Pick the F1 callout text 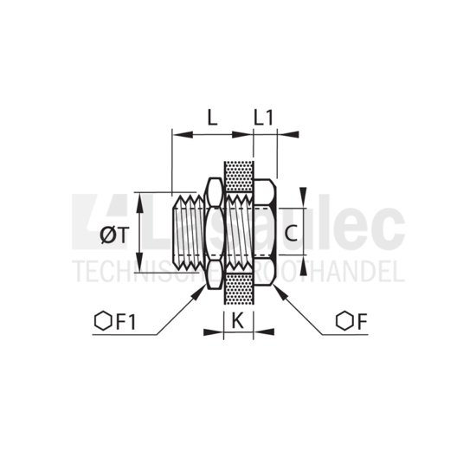click(x=126, y=322)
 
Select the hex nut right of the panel click(x=264, y=232)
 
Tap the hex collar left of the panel click(x=213, y=232)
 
